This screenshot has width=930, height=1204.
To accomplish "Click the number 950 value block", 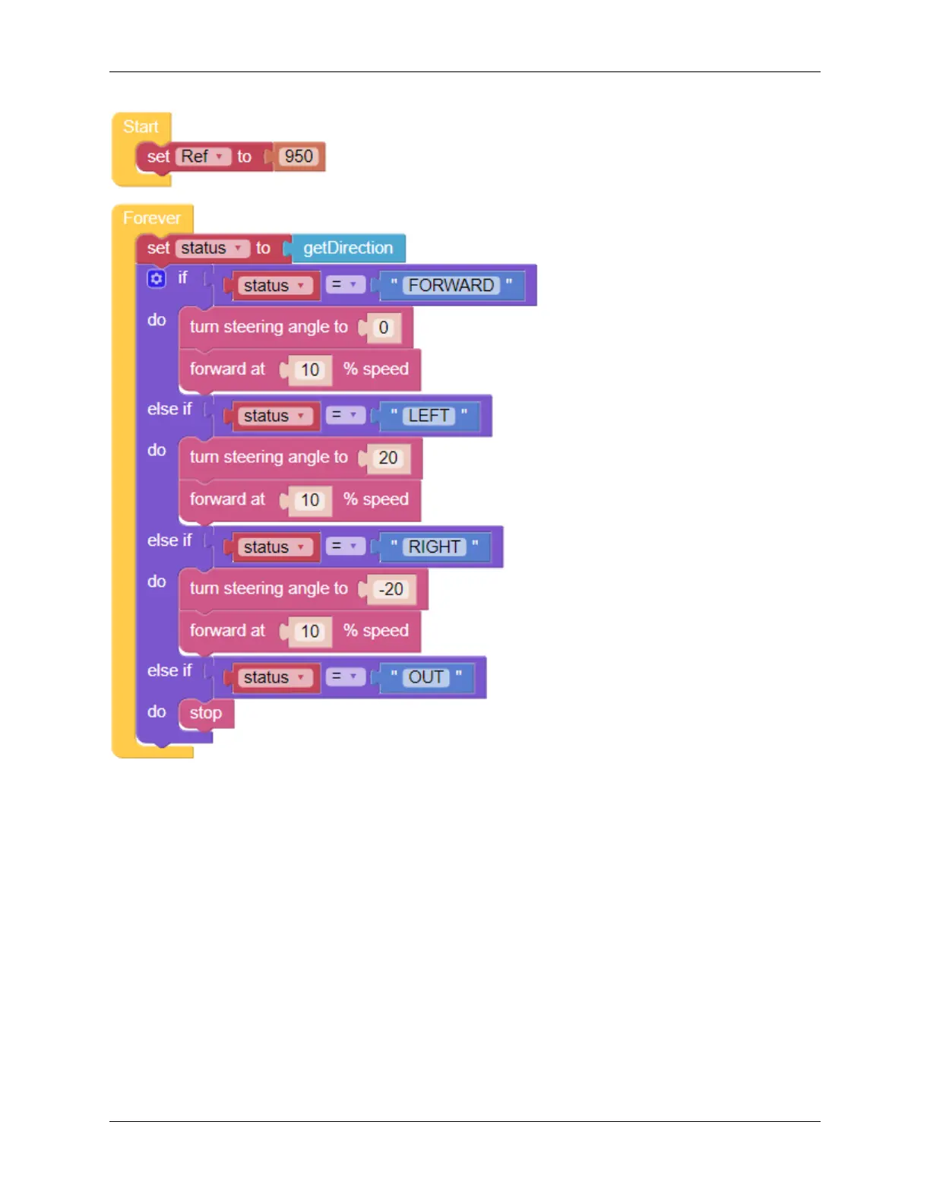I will point(299,157).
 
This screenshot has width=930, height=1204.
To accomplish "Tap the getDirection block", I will point(348,249).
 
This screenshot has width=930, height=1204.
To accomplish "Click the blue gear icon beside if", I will point(157,279).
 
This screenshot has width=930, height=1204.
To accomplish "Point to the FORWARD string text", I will point(451,286).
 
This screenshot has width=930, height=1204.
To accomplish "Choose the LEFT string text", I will point(429,417).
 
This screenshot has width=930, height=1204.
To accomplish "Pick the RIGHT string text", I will point(435,547).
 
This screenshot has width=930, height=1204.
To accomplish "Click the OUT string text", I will point(426,677).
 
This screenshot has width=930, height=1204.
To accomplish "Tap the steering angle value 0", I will point(384,328).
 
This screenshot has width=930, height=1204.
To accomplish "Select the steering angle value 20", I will point(388,458).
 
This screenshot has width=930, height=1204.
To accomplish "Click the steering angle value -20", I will point(391,589).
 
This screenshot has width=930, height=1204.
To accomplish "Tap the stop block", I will point(206,713).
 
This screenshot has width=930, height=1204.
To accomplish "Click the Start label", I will point(141,127).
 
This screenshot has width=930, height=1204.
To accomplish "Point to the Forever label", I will point(152,218).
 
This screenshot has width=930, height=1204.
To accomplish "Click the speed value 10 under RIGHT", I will point(310,632).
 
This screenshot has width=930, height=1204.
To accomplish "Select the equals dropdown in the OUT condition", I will point(345,676).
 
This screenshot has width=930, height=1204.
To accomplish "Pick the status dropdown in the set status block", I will point(212,249).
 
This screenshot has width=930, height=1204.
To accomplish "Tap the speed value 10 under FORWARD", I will point(310,370).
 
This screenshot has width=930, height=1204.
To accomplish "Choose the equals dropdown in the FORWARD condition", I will point(345,285).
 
